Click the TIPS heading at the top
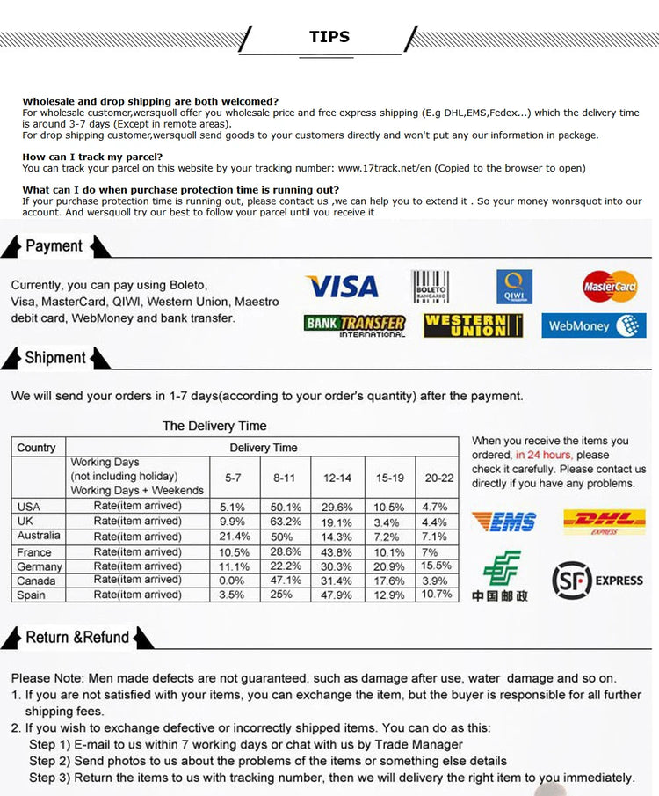(329, 37)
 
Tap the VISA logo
(342, 286)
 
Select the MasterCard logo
(610, 286)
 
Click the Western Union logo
(473, 325)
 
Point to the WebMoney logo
(593, 325)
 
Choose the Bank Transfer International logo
(355, 325)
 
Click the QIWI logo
(514, 286)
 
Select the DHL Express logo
(604, 522)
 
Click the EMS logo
(503, 522)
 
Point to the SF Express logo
(597, 580)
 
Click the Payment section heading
(54, 246)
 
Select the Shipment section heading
(55, 358)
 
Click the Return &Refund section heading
(77, 637)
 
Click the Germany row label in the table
(39, 566)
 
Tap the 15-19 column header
(389, 478)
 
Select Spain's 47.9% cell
(337, 595)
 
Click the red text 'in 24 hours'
(543, 455)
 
